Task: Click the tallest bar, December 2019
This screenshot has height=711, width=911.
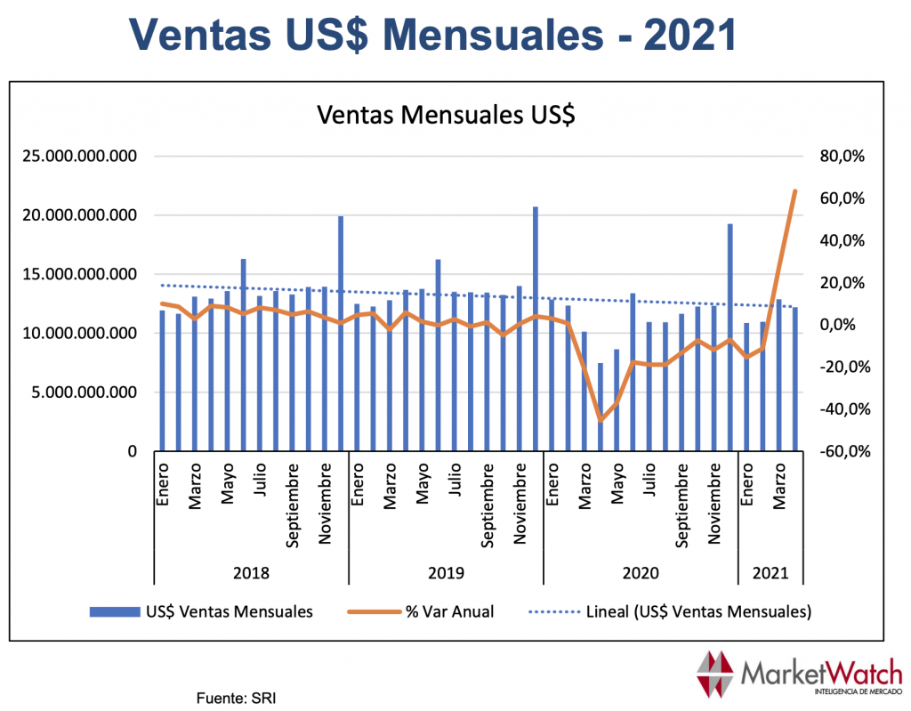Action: point(536,329)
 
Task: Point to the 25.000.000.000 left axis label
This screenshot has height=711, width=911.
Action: point(80,157)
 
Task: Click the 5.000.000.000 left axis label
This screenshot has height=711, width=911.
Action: point(85,392)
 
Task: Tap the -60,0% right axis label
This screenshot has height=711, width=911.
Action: point(842,451)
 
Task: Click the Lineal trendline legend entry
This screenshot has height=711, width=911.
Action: point(673,611)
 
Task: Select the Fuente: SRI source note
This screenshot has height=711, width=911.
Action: point(236,698)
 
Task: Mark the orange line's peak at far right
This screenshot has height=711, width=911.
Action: point(794,190)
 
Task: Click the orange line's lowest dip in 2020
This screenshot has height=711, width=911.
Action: point(601,421)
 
